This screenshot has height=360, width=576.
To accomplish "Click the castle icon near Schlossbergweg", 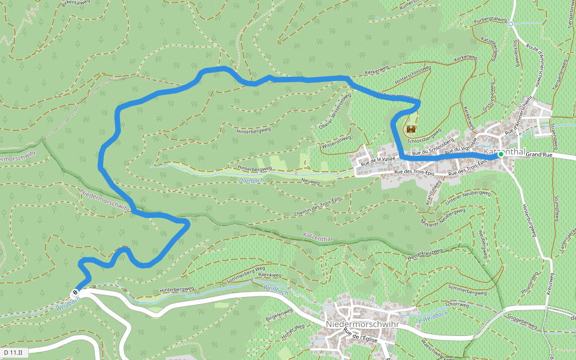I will pyautogui.click(x=412, y=129).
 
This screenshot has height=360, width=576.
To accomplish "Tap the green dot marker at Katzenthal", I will pyautogui.click(x=501, y=154).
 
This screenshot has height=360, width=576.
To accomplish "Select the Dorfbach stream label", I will pyautogui.click(x=251, y=179).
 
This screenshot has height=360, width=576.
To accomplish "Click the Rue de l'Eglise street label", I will pyautogui.click(x=360, y=335).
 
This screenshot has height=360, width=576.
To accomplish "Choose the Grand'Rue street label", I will pyautogui.click(x=539, y=154).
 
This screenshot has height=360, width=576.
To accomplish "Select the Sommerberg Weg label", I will pyautogui.click(x=244, y=274).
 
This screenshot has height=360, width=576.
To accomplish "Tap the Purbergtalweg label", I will pyautogui.click(x=490, y=21).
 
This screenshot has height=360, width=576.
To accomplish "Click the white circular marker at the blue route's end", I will pyautogui.click(x=75, y=293).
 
